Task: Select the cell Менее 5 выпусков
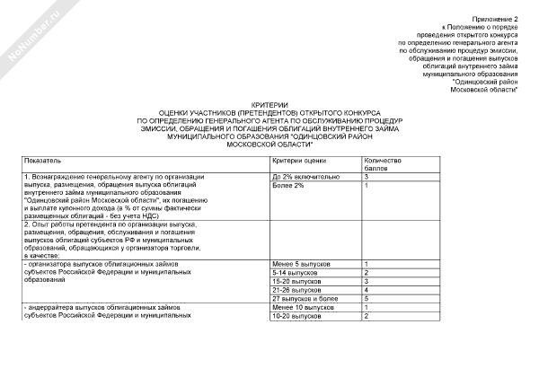[x=302, y=264]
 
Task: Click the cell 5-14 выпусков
[x=295, y=273]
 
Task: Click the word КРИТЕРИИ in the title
[x=269, y=103]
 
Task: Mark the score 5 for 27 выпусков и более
[x=367, y=300]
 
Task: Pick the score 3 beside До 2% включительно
[x=367, y=176]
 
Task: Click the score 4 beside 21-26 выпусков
[x=367, y=291]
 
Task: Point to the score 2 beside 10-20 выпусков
[x=367, y=317]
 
